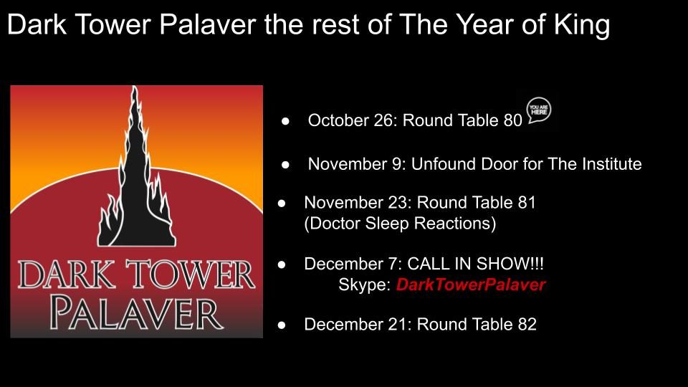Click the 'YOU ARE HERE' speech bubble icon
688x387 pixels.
539,110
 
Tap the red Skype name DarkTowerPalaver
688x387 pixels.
471,285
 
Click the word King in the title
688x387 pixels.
582,25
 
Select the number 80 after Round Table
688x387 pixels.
513,120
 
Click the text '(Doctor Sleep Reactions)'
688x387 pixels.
400,224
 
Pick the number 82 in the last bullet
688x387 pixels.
527,324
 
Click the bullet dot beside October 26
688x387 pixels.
286,120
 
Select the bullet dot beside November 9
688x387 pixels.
286,165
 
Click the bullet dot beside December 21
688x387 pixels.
282,325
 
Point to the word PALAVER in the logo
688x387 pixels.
136,313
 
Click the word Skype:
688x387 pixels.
365,285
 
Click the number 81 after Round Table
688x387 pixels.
527,202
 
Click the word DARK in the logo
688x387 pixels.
67,274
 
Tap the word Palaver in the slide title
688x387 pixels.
208,25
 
